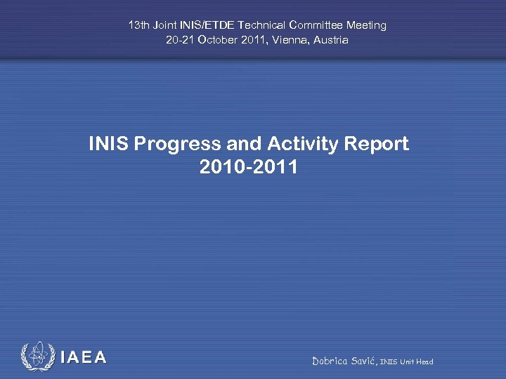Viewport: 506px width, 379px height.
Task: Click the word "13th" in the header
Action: tap(138, 25)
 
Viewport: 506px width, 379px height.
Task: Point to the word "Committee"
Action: tap(315, 25)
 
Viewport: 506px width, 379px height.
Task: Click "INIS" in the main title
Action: tap(108, 144)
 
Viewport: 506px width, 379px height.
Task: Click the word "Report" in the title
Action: tap(377, 145)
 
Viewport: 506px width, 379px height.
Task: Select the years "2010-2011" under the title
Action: tap(248, 168)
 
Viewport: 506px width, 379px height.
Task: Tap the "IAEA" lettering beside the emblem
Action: tap(84, 358)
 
